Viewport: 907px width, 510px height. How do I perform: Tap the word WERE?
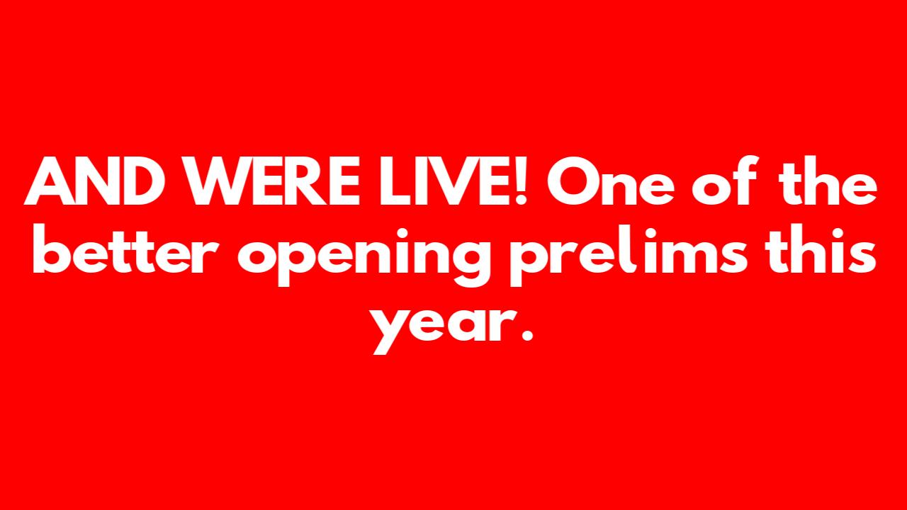tap(273, 181)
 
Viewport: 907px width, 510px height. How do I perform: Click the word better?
tap(126, 250)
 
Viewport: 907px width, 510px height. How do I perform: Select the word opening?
tap(364, 257)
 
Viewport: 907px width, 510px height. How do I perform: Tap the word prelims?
tap(629, 256)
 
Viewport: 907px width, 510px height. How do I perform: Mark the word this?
tap(821, 250)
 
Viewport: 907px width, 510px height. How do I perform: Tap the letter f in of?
tap(744, 180)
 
